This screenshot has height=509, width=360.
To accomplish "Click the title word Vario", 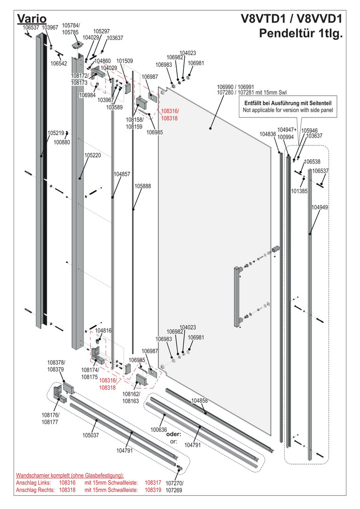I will click(x=31, y=18).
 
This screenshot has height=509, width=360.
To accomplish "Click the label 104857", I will click(x=122, y=174).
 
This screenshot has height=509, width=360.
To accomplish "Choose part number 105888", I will click(x=143, y=186).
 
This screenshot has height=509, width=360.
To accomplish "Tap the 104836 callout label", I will click(x=268, y=134).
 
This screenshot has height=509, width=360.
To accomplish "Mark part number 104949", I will click(x=320, y=207).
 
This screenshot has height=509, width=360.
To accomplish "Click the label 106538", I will click(x=312, y=161).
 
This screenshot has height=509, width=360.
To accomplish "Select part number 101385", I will click(x=299, y=191).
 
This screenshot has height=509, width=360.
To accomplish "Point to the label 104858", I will click(x=199, y=401).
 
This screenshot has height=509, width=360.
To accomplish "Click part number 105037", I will click(x=91, y=435).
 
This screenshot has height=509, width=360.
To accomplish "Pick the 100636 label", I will click(x=159, y=430).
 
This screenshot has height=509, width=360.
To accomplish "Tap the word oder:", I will click(x=174, y=434).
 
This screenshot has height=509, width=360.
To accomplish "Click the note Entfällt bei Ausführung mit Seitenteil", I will click(x=288, y=103).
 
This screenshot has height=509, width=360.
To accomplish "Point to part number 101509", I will click(x=125, y=61).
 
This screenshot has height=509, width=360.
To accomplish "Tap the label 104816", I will click(x=103, y=331).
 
